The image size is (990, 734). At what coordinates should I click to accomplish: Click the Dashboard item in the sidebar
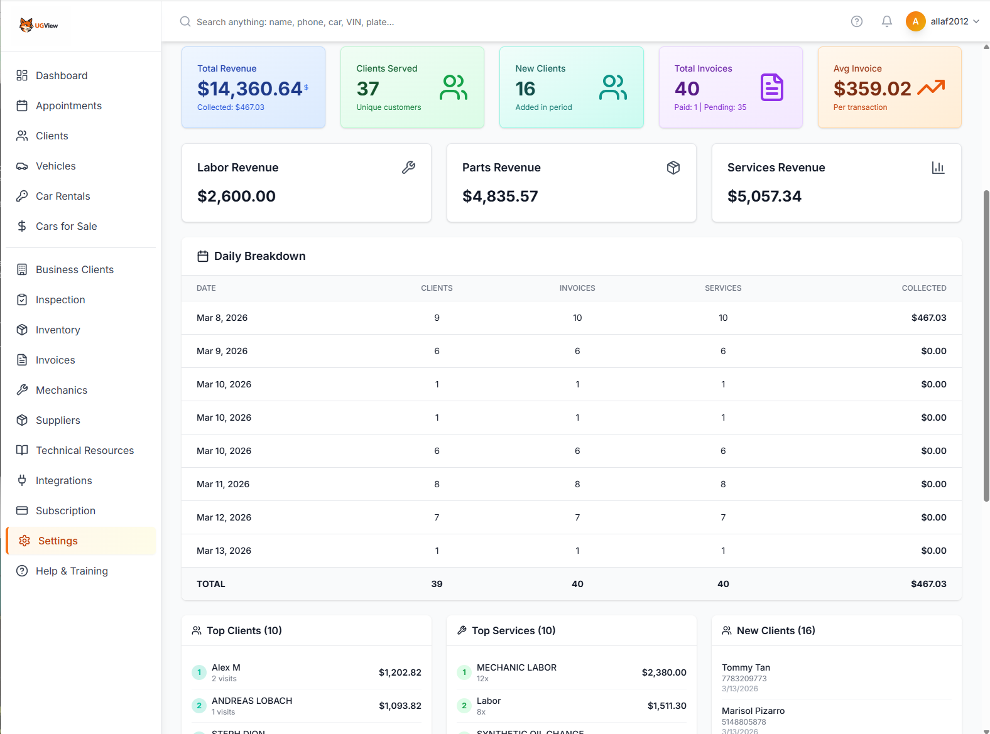pos(61,75)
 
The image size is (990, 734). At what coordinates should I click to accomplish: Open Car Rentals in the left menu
pos(63,196)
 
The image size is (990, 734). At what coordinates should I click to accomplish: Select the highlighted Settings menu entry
pos(58,541)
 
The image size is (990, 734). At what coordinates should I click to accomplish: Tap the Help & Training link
pos(72,571)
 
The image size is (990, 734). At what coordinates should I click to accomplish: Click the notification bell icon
pos(886,21)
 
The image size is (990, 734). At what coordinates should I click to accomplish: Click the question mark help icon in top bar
pos(856,21)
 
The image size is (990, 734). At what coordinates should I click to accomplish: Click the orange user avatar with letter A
pos(915,21)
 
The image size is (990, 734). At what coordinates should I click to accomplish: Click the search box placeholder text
pos(295,22)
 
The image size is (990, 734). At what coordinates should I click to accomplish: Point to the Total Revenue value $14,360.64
pos(250,89)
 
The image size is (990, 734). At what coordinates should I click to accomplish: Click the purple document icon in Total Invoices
pos(771,87)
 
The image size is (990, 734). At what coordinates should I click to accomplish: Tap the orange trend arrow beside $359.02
pos(931,87)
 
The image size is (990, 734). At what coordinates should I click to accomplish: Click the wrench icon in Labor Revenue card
pos(408,168)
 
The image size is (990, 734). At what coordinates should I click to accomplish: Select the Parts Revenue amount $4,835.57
pos(500,197)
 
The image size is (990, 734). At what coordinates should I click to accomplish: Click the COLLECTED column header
pos(923,288)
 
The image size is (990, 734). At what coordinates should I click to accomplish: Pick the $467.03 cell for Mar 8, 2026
pos(928,318)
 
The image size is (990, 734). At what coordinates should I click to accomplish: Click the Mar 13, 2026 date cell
pos(224,551)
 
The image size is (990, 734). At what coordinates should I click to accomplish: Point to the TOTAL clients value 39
pos(437,584)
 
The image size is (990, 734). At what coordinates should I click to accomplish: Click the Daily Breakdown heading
pos(259,256)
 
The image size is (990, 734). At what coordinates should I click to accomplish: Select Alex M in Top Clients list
pos(226,667)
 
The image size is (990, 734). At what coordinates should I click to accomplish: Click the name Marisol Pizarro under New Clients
pos(753,711)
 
